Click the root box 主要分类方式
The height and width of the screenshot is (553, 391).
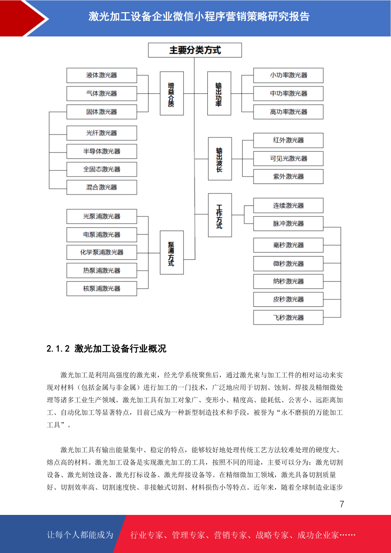195,50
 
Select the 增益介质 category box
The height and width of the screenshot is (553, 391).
172,93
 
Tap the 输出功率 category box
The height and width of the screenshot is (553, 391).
219,93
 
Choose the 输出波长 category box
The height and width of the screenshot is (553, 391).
220,159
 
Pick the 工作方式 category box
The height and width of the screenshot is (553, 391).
220,215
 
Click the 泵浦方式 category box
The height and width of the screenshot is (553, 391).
172,253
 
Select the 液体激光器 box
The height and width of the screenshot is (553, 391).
102,75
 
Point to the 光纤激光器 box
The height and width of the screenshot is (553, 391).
102,133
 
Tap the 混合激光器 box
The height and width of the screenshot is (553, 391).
102,188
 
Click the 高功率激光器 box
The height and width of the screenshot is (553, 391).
288,112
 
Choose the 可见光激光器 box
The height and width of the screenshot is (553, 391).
288,159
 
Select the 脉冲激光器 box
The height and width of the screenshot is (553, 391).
288,224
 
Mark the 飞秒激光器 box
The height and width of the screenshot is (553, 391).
288,318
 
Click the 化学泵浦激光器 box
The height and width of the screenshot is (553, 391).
102,252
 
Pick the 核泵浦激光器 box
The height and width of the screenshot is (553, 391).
102,289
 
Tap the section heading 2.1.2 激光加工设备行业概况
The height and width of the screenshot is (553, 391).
106,349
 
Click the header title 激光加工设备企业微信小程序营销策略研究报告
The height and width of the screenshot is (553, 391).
199,17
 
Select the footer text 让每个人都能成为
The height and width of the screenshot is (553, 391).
80,535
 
